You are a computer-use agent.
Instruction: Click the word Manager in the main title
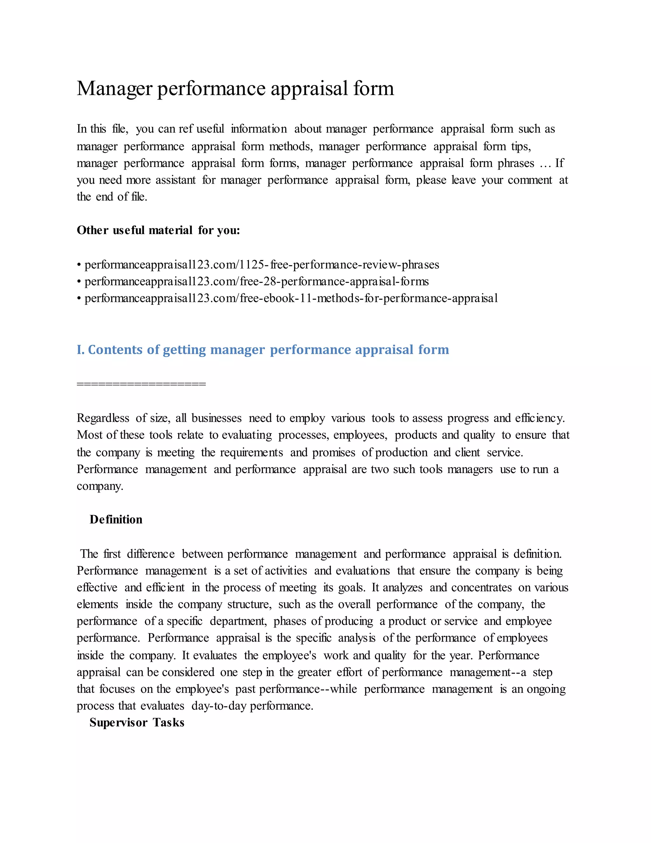tap(114, 89)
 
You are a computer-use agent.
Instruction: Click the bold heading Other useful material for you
tap(158, 230)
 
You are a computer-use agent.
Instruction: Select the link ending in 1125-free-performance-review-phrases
tap(262, 265)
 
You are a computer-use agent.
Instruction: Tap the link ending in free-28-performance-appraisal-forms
tap(257, 282)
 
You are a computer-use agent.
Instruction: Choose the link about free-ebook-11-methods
tap(291, 298)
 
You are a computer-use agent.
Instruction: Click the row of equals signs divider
tap(141, 384)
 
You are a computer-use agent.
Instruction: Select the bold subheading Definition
tap(116, 519)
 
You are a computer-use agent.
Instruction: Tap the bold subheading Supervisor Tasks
tap(137, 722)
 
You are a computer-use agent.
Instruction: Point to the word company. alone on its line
tap(100, 486)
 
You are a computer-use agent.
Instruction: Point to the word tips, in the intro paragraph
tap(521, 147)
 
